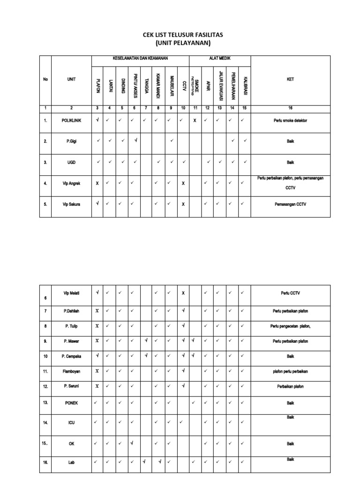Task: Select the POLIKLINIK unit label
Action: (x=71, y=120)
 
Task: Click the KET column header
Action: (x=290, y=79)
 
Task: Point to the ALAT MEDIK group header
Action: (x=219, y=58)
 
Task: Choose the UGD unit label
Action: (x=71, y=162)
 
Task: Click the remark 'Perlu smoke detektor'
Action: (x=290, y=120)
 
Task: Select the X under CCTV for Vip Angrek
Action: (x=183, y=183)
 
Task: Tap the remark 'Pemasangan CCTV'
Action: (x=290, y=204)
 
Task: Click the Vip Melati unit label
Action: (x=71, y=293)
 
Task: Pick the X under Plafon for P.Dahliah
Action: (x=97, y=310)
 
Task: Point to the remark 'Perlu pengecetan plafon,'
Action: (x=290, y=326)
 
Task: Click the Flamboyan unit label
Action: (x=71, y=371)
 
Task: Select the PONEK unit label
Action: (x=71, y=403)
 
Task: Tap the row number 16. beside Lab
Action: (x=45, y=462)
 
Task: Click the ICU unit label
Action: (x=71, y=422)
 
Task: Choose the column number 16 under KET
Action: (x=290, y=108)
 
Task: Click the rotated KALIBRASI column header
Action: (x=245, y=85)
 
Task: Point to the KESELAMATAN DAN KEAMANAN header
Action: (x=140, y=58)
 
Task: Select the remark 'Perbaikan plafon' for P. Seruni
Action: (x=290, y=387)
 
